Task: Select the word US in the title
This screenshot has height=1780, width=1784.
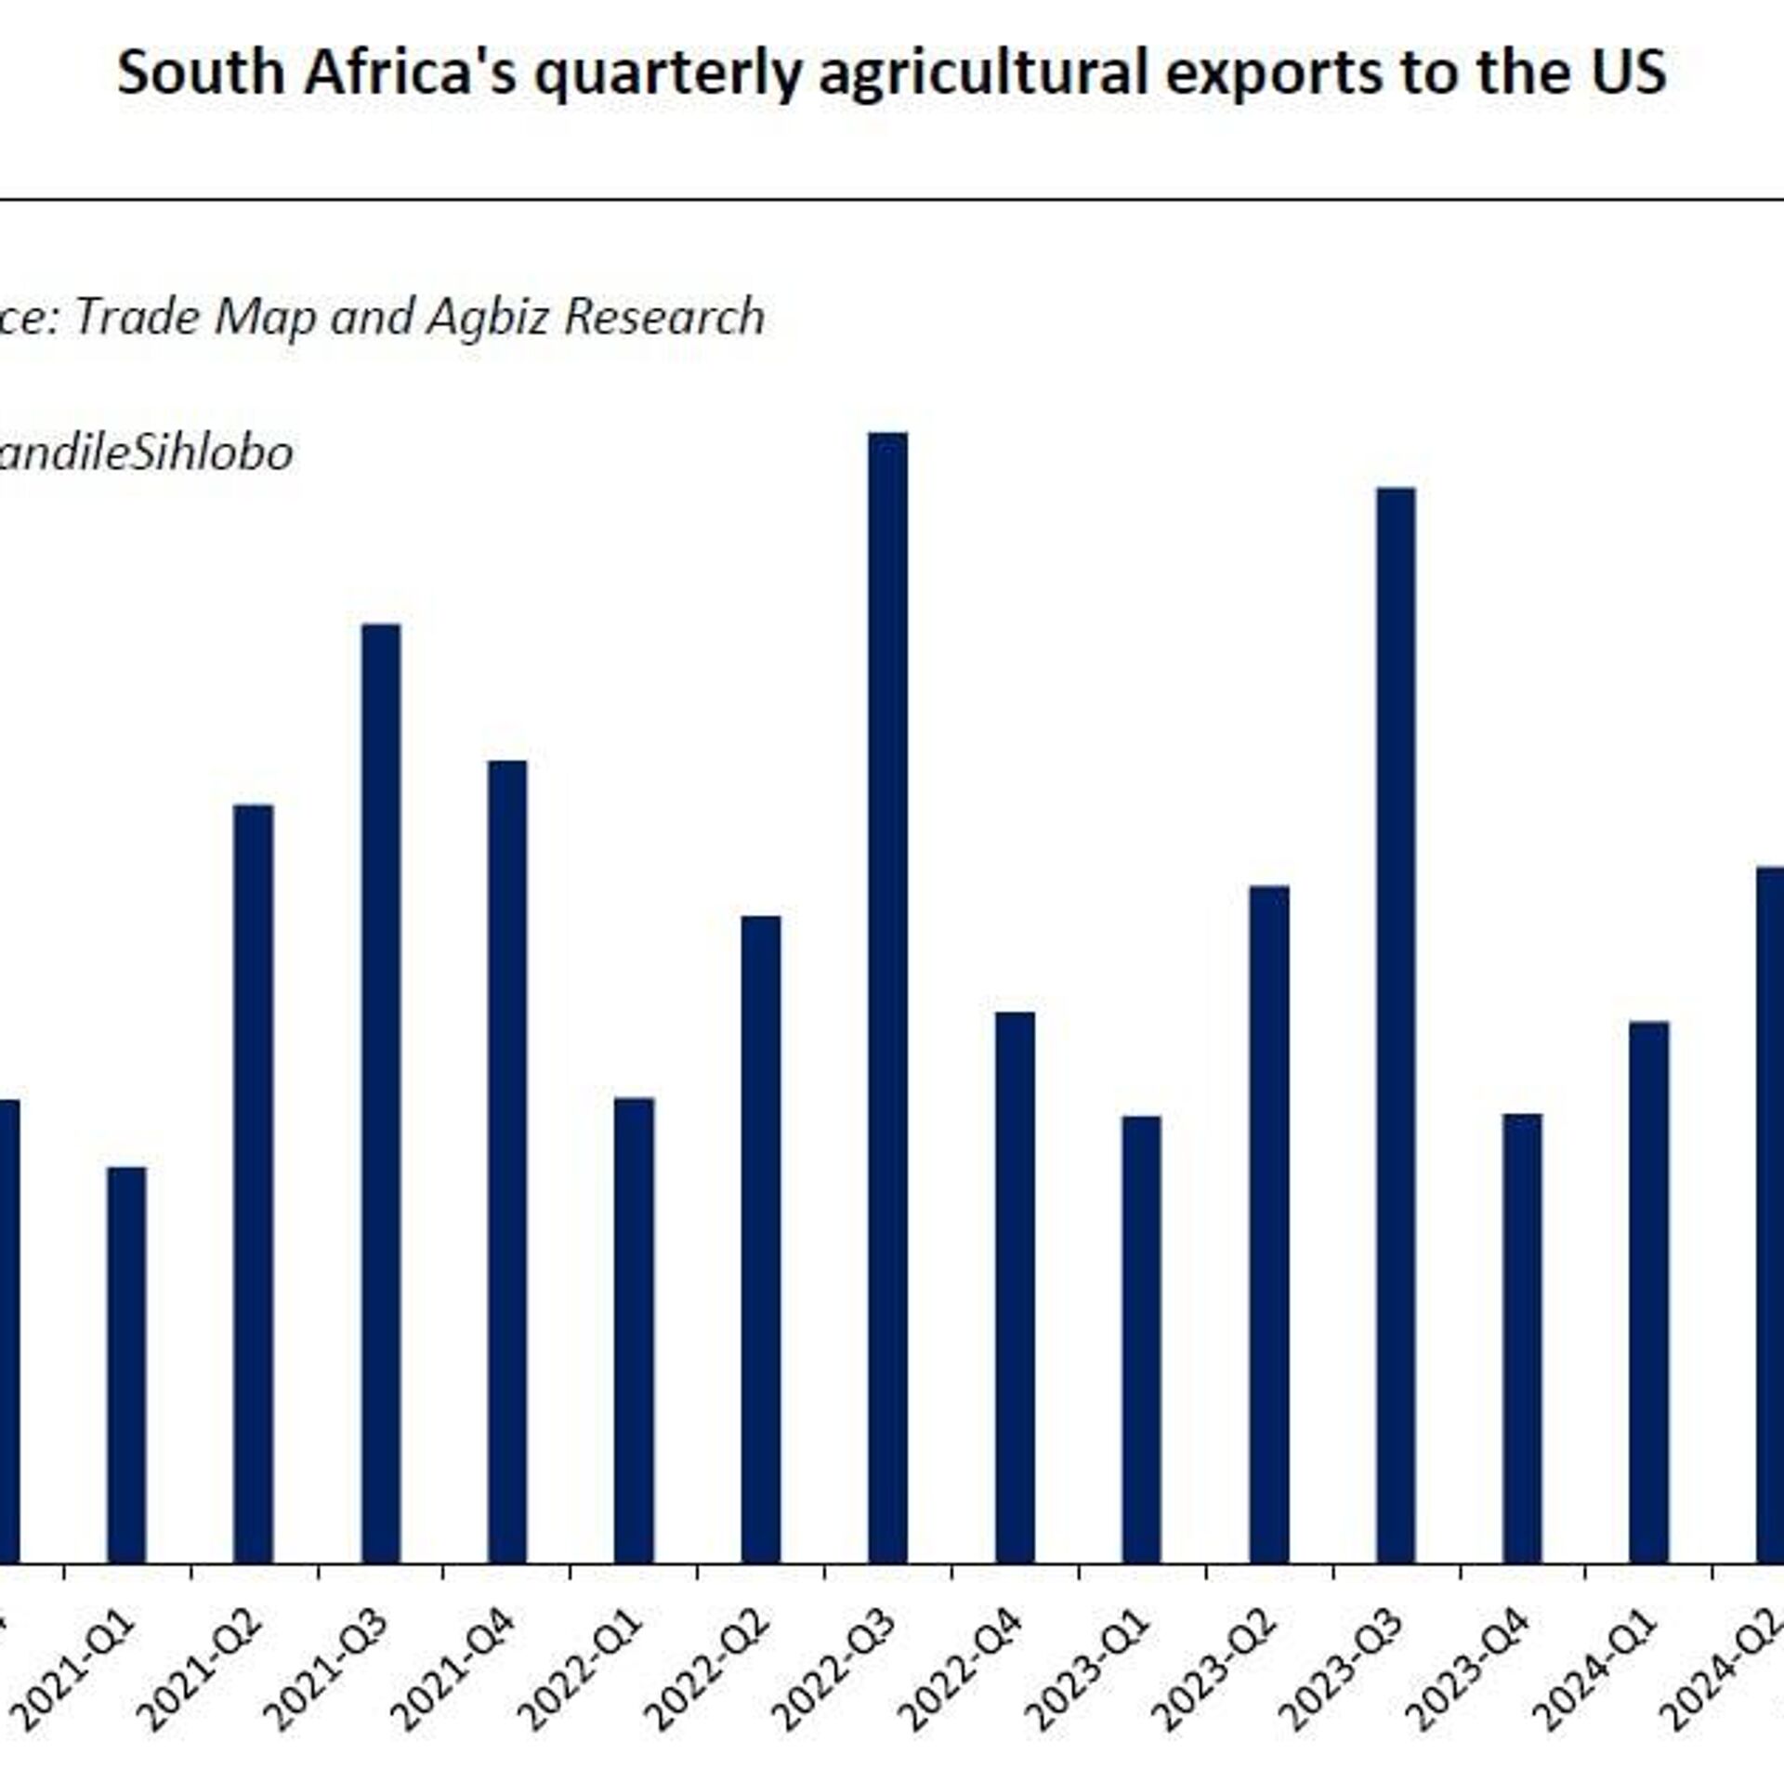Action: [1628, 72]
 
